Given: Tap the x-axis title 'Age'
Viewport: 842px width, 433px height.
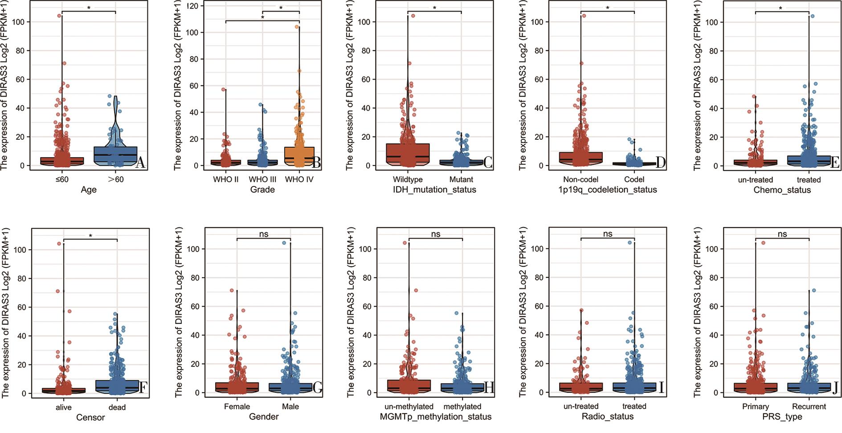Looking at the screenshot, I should [89, 190].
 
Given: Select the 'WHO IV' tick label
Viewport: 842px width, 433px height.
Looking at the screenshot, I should [299, 179].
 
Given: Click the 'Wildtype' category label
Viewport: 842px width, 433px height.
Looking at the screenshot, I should [408, 179].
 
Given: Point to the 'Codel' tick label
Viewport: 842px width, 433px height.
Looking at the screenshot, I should [634, 179].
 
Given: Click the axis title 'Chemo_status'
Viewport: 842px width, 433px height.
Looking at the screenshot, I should [782, 190].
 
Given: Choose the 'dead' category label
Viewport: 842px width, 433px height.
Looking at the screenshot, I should [117, 407].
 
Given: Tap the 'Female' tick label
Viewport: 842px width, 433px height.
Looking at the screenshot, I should [237, 406].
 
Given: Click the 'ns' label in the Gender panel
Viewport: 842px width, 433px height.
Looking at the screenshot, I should [264, 234].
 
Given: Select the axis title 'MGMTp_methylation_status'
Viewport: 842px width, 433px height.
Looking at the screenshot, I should [436, 417].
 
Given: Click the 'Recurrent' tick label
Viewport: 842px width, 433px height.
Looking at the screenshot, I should [809, 406].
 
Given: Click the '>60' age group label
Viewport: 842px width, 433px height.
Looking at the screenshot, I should [115, 179].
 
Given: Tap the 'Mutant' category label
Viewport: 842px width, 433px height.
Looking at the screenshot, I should [461, 179].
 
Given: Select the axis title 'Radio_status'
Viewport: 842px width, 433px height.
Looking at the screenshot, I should [608, 417].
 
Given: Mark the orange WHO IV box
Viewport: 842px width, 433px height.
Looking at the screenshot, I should [299, 156].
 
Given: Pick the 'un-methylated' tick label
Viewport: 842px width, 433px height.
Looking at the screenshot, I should [409, 406].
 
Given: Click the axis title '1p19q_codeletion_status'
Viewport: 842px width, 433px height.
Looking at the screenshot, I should [608, 190].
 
